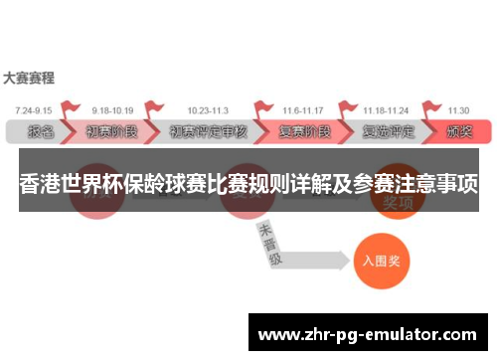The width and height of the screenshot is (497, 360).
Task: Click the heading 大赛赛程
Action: [29, 77]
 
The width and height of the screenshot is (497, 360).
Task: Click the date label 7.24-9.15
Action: [35, 109]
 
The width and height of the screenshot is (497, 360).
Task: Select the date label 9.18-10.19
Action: [111, 109]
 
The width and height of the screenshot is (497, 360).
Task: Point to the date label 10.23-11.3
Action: [206, 109]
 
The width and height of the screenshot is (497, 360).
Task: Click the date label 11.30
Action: [458, 109]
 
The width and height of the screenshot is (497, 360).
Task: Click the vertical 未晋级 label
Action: [268, 244]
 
